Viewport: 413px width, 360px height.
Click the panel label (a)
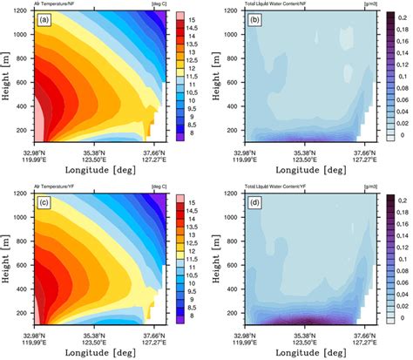coord(43,20)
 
